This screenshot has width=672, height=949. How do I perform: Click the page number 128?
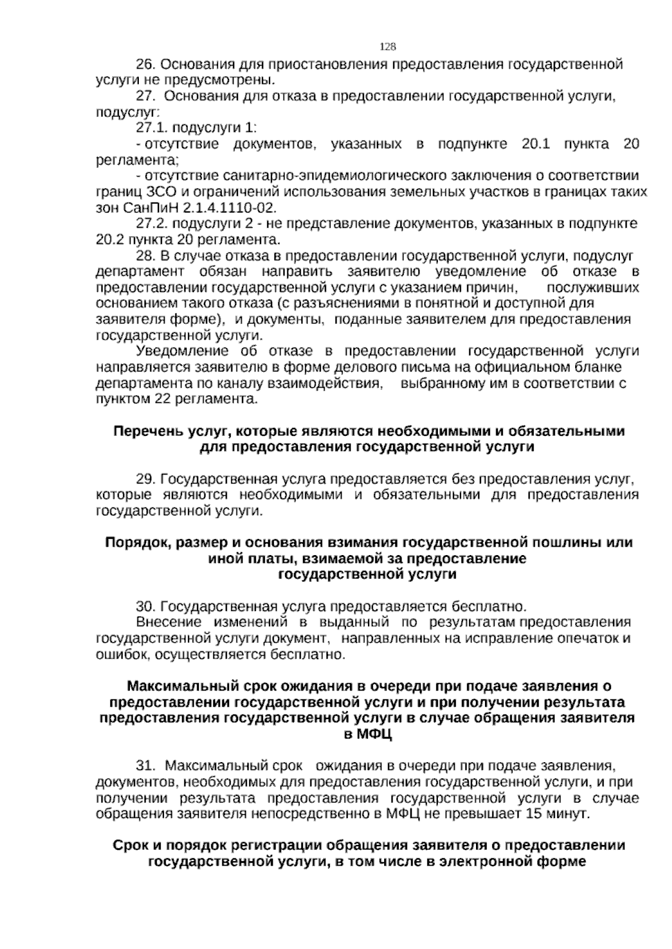pos(388,46)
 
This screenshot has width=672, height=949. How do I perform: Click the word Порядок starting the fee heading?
pos(133,543)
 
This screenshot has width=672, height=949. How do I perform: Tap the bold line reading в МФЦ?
pos(368,734)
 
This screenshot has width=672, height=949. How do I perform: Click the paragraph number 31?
pos(146,765)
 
